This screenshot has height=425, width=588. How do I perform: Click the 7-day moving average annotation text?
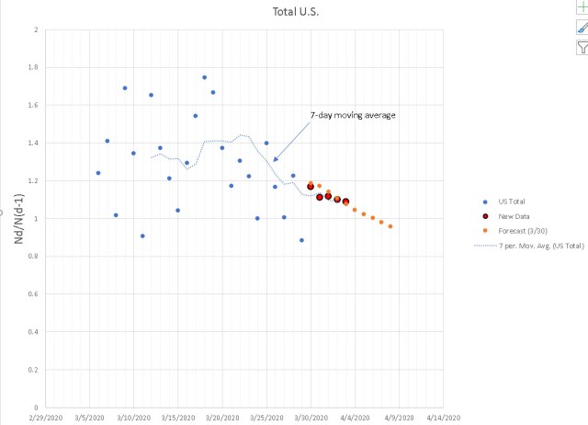tap(353, 115)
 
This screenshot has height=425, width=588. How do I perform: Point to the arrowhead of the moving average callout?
tap(275, 161)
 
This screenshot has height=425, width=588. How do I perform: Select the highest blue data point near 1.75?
tap(204, 77)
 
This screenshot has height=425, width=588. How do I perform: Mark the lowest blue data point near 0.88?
tap(301, 240)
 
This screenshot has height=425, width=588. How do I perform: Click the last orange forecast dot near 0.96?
tap(390, 226)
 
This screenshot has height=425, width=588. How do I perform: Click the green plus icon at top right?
tap(580, 6)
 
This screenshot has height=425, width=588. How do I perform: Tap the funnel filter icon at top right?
tap(580, 48)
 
